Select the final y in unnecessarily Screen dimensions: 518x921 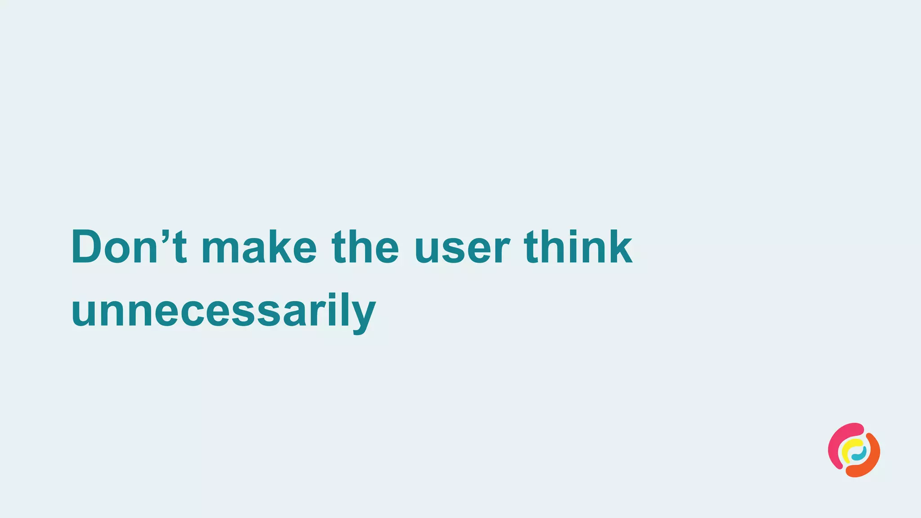coord(362,317)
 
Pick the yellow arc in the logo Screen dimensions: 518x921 coord(848,450)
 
